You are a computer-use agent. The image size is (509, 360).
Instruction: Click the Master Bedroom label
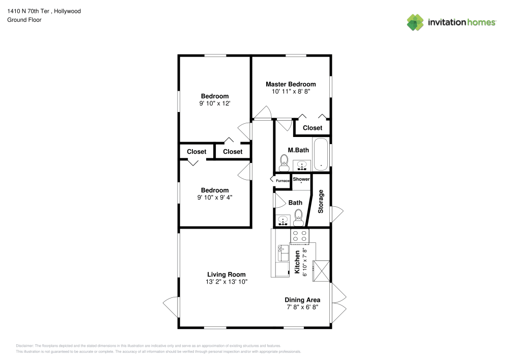(291, 84)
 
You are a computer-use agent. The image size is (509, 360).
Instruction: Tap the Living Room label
(227, 274)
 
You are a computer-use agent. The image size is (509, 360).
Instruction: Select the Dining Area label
(302, 300)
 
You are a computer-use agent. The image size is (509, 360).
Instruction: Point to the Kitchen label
(297, 262)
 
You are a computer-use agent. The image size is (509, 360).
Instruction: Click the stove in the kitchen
(300, 236)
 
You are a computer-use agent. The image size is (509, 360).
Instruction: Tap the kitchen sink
(283, 253)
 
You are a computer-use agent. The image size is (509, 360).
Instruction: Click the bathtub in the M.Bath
(321, 154)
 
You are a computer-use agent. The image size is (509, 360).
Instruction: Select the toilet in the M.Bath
(284, 163)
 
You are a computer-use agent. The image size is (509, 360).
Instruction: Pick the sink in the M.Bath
(302, 165)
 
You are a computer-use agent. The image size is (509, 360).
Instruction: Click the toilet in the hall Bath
(298, 217)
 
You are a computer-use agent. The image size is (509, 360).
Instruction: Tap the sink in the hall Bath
(283, 220)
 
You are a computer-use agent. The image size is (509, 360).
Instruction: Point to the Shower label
(301, 179)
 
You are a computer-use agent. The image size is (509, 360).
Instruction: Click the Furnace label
(282, 181)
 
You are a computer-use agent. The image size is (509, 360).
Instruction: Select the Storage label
(321, 201)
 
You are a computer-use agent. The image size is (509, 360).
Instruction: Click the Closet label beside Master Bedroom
(313, 128)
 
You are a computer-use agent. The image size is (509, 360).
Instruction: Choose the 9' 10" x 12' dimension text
(215, 103)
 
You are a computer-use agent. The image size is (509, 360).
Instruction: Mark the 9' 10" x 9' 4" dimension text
(215, 198)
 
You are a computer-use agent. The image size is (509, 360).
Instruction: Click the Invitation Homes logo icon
(415, 22)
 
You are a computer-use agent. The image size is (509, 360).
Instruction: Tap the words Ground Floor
(24, 20)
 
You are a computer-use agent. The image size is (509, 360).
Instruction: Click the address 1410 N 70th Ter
(28, 11)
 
